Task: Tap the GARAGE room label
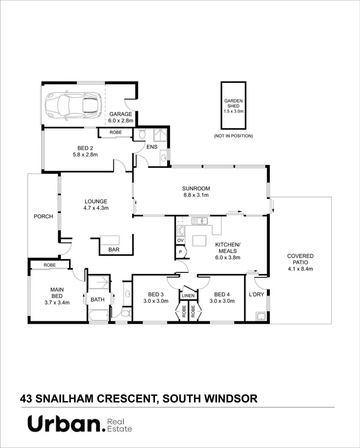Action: [x=120, y=114]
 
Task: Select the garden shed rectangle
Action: [x=234, y=105]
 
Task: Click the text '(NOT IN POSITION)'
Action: [x=233, y=136]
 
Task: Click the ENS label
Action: [x=152, y=147]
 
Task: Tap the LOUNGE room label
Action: [x=96, y=201]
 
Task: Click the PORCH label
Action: [x=43, y=216]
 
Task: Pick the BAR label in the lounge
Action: [x=114, y=249]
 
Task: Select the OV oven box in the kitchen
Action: [x=180, y=240]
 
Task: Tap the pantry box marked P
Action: [x=180, y=252]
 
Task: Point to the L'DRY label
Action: [x=256, y=295]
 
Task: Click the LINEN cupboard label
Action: [x=188, y=296]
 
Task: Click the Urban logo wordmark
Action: [x=65, y=424]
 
